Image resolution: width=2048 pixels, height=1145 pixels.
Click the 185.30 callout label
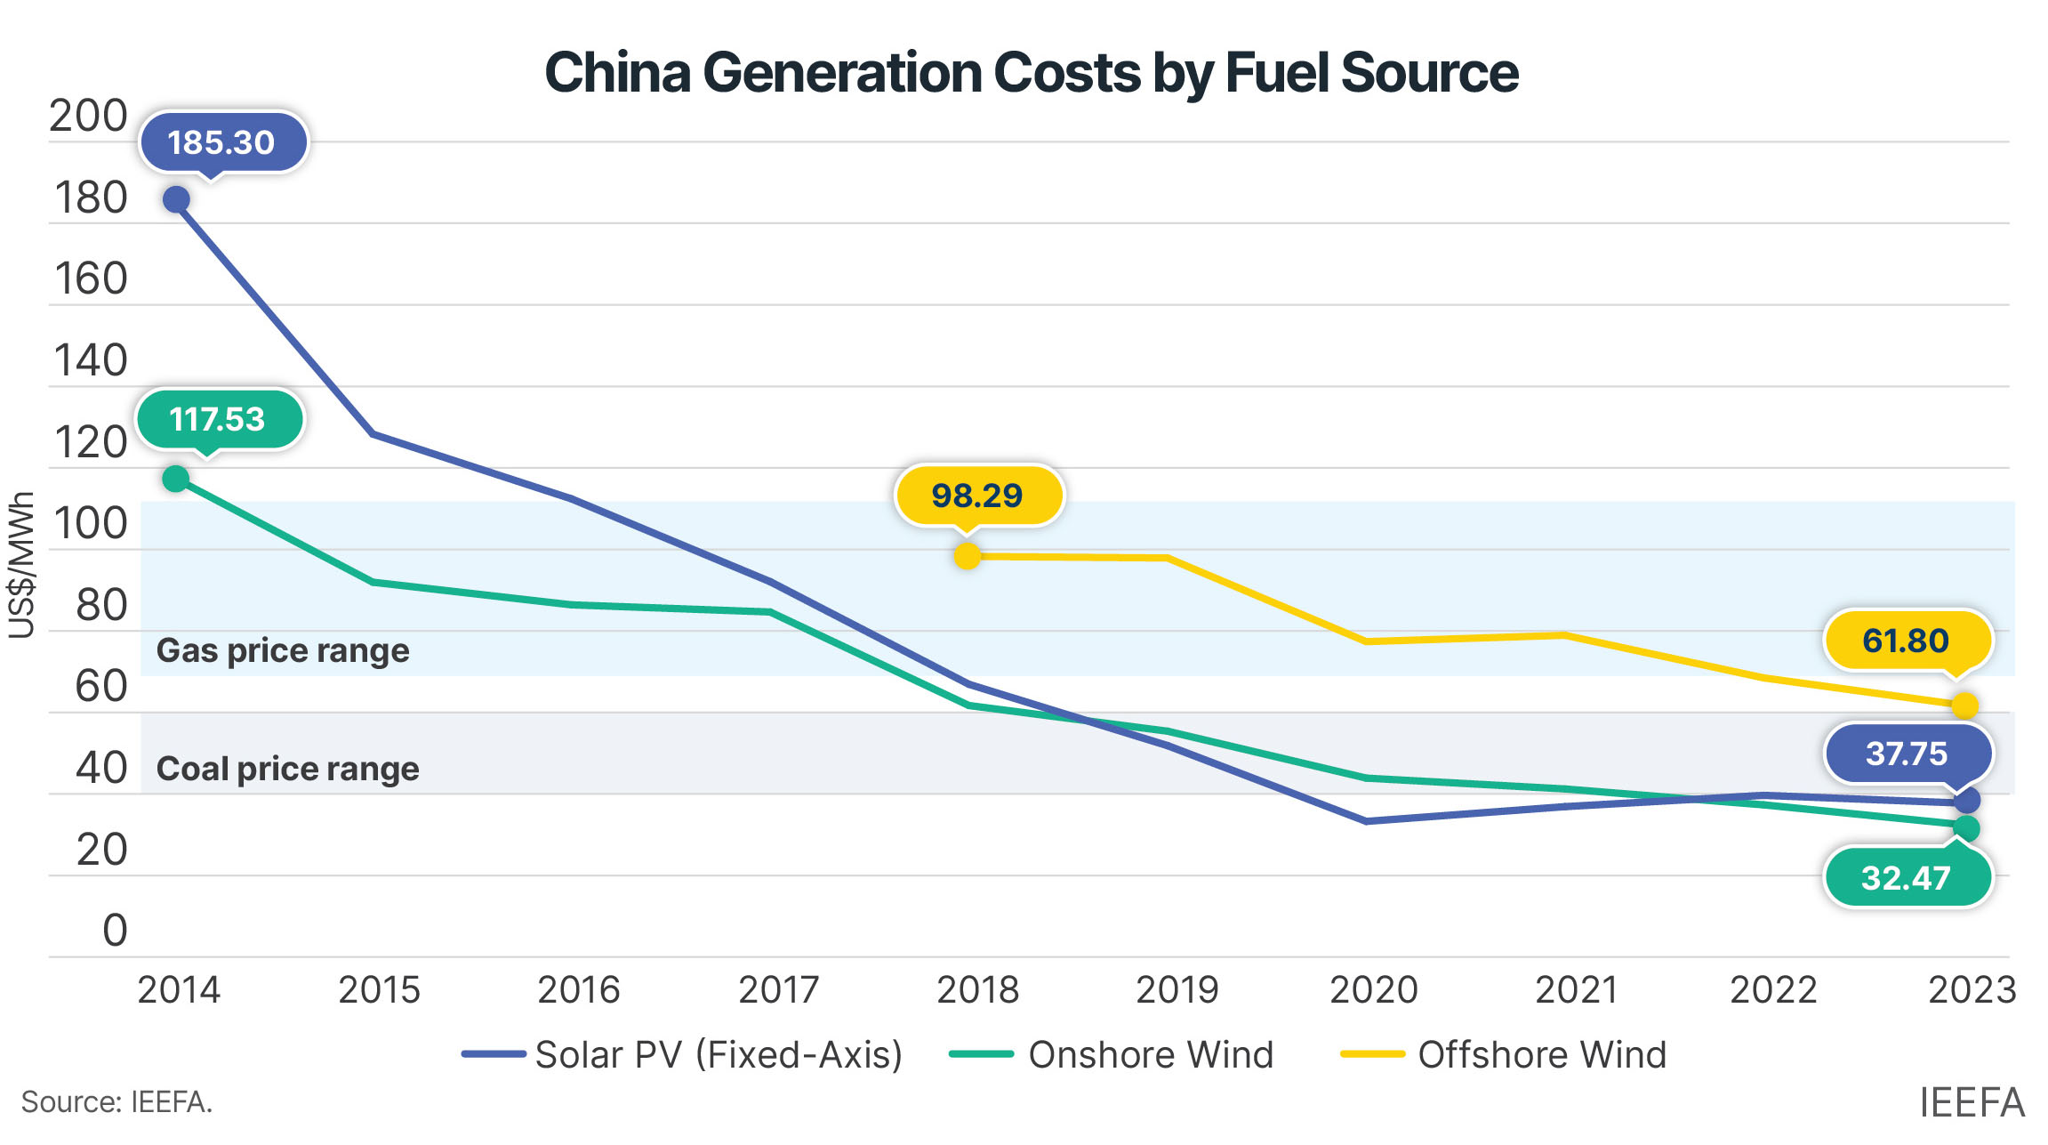pyautogui.click(x=222, y=142)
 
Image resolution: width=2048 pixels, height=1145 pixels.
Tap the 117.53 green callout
pyautogui.click(x=219, y=419)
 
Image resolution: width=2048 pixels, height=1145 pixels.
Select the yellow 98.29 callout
pyautogui.click(x=977, y=496)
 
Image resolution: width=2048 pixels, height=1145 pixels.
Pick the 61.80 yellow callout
pyautogui.click(x=1906, y=641)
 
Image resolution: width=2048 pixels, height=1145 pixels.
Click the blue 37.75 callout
pyautogui.click(x=1907, y=754)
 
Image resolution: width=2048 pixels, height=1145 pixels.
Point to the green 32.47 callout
pyautogui.click(x=1906, y=878)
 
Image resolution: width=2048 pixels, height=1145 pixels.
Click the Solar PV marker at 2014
pyautogui.click(x=176, y=199)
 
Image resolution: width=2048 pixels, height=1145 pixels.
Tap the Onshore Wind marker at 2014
pyautogui.click(x=176, y=479)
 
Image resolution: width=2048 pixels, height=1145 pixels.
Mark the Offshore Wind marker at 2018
pyautogui.click(x=968, y=556)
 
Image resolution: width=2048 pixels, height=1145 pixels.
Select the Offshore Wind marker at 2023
pyautogui.click(x=1965, y=706)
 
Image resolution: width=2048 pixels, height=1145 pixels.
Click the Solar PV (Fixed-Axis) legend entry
pyautogui.click(x=682, y=1054)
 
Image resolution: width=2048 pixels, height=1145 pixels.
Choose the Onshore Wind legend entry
pyautogui.click(x=1112, y=1054)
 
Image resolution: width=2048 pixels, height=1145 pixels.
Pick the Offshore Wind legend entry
pyautogui.click(x=1504, y=1054)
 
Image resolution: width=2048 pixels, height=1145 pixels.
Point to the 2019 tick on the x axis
pyautogui.click(x=1177, y=989)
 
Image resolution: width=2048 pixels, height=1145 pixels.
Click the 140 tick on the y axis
pyautogui.click(x=91, y=361)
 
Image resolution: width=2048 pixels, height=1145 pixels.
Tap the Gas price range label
pyautogui.click(x=283, y=650)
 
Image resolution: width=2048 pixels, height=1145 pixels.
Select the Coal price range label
pyautogui.click(x=287, y=769)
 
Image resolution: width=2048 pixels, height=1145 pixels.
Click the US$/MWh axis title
pyautogui.click(x=21, y=566)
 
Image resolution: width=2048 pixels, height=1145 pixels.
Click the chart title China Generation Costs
pyautogui.click(x=1032, y=72)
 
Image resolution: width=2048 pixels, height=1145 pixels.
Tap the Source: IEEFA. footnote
pyautogui.click(x=116, y=1102)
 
